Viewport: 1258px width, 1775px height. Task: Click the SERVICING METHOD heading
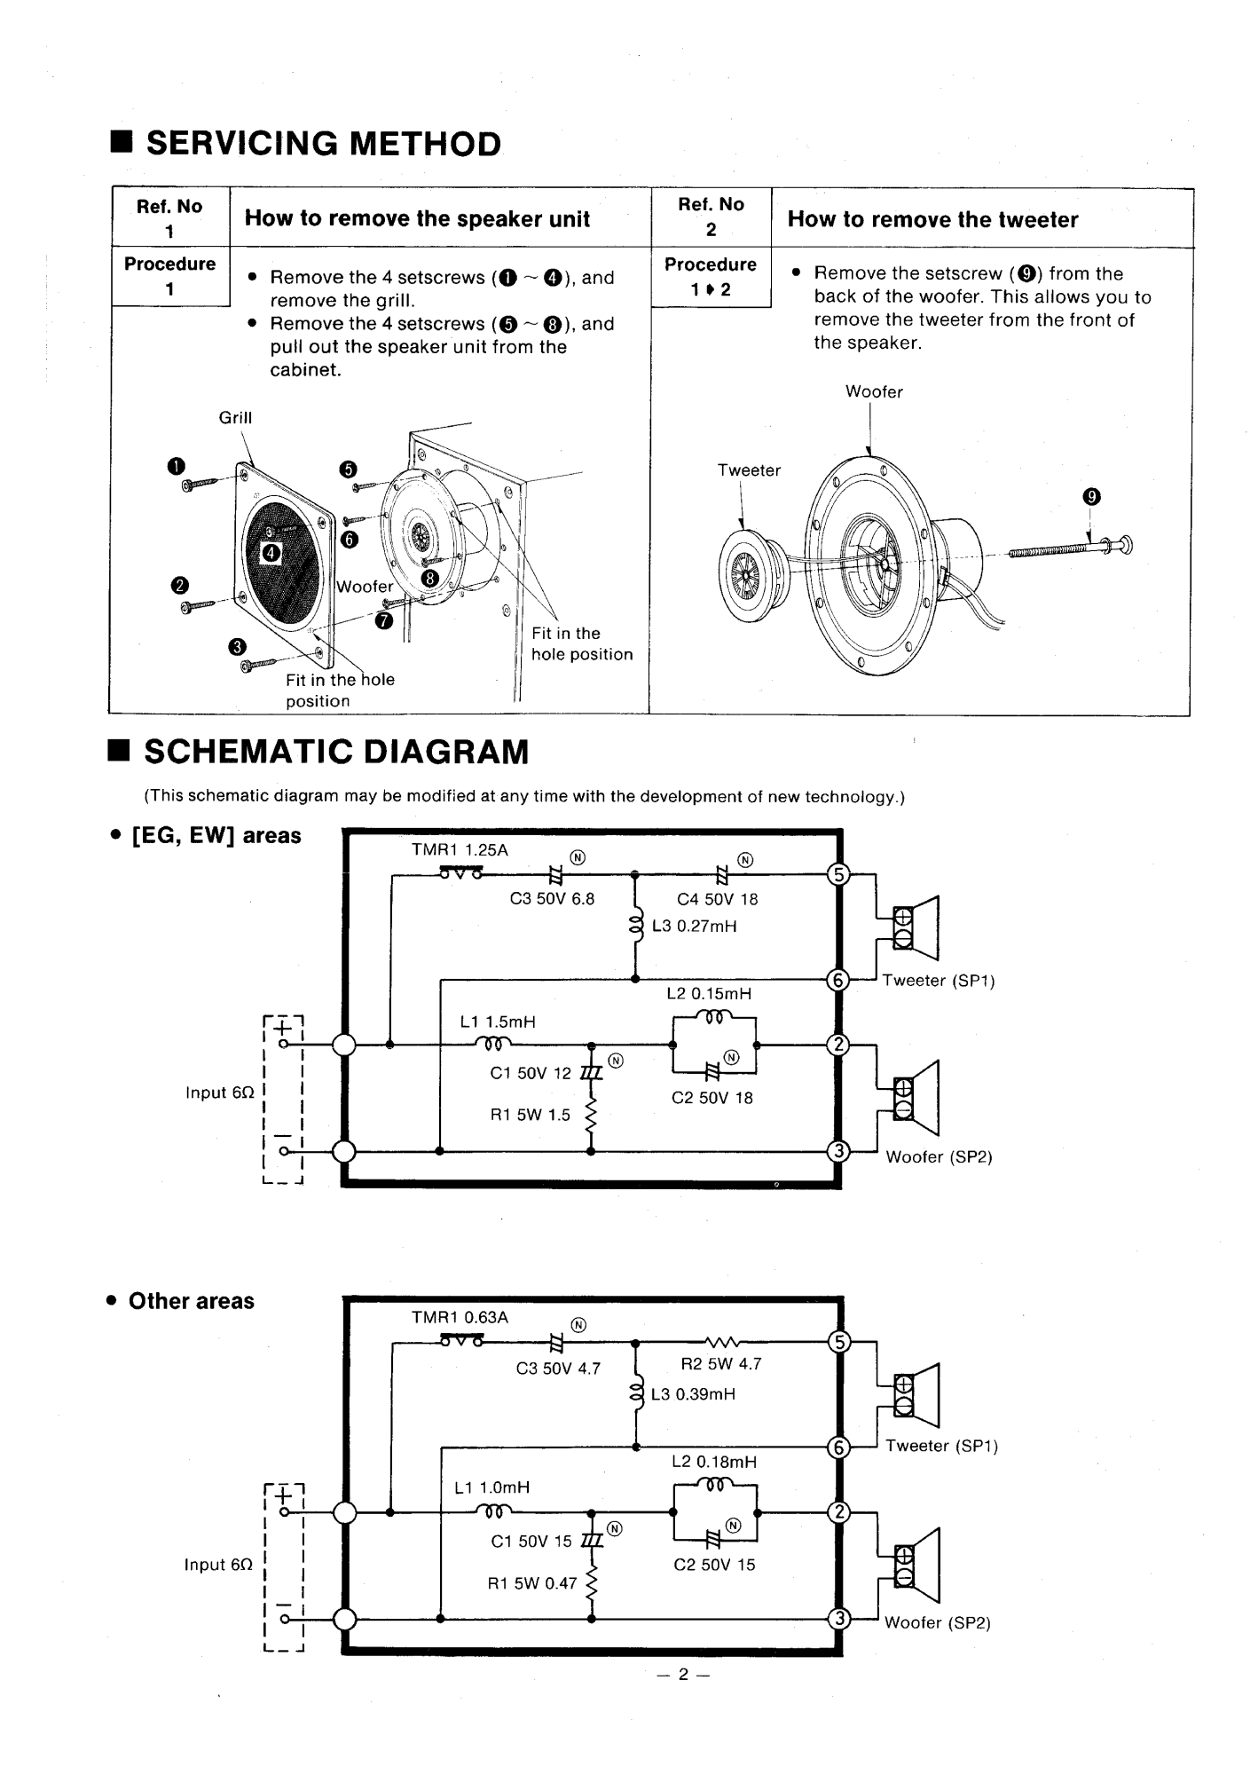pyautogui.click(x=324, y=144)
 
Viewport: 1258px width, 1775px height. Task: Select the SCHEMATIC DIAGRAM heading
pyautogui.click(x=336, y=752)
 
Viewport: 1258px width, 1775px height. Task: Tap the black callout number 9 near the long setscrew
pyautogui.click(x=1091, y=497)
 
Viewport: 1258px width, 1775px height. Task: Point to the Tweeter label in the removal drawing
pyautogui.click(x=749, y=470)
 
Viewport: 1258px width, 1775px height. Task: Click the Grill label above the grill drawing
pyautogui.click(x=236, y=417)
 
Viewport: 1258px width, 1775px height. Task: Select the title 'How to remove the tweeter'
pyautogui.click(x=932, y=219)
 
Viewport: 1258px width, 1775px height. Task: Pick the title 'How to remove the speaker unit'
pyautogui.click(x=417, y=218)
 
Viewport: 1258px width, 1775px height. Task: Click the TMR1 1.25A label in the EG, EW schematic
pyautogui.click(x=460, y=849)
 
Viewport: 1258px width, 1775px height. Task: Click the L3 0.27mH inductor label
pyautogui.click(x=695, y=927)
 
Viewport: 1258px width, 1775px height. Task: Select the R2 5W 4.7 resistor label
pyautogui.click(x=721, y=1364)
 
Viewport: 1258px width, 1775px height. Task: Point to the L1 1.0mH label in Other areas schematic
pyautogui.click(x=491, y=1487)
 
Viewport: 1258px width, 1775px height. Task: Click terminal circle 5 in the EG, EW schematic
pyautogui.click(x=838, y=874)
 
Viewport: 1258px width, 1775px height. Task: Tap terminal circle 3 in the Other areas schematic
pyautogui.click(x=838, y=1619)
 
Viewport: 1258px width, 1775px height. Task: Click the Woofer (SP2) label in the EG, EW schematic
pyautogui.click(x=939, y=1157)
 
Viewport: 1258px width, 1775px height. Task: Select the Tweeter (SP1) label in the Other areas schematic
pyautogui.click(x=941, y=1446)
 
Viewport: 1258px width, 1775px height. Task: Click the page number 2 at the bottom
pyautogui.click(x=683, y=1674)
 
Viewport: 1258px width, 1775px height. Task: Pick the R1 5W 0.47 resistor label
pyautogui.click(x=532, y=1582)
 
